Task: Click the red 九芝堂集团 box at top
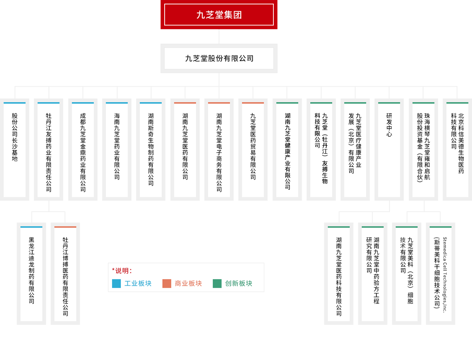point(219,15)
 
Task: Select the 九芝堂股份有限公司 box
point(219,58)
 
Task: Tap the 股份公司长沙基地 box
point(15,150)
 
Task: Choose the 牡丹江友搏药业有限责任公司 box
point(49,150)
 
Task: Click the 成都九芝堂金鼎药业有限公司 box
point(83,150)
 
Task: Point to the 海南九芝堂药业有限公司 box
point(117,150)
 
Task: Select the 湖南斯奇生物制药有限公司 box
point(151,150)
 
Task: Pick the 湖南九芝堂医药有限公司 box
point(185,150)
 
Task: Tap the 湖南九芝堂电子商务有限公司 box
point(219,150)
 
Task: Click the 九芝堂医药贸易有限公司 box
point(253,150)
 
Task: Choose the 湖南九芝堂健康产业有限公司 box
point(287,150)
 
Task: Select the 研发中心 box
point(389,150)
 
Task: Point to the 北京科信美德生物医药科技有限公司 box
point(457,150)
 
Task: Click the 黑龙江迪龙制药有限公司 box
point(32,274)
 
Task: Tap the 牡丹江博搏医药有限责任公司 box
point(66,274)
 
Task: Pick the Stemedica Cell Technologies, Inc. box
point(440,274)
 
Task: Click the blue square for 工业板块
point(116,284)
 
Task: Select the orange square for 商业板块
point(167,284)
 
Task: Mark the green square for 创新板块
point(217,284)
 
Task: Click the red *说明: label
point(122,271)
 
